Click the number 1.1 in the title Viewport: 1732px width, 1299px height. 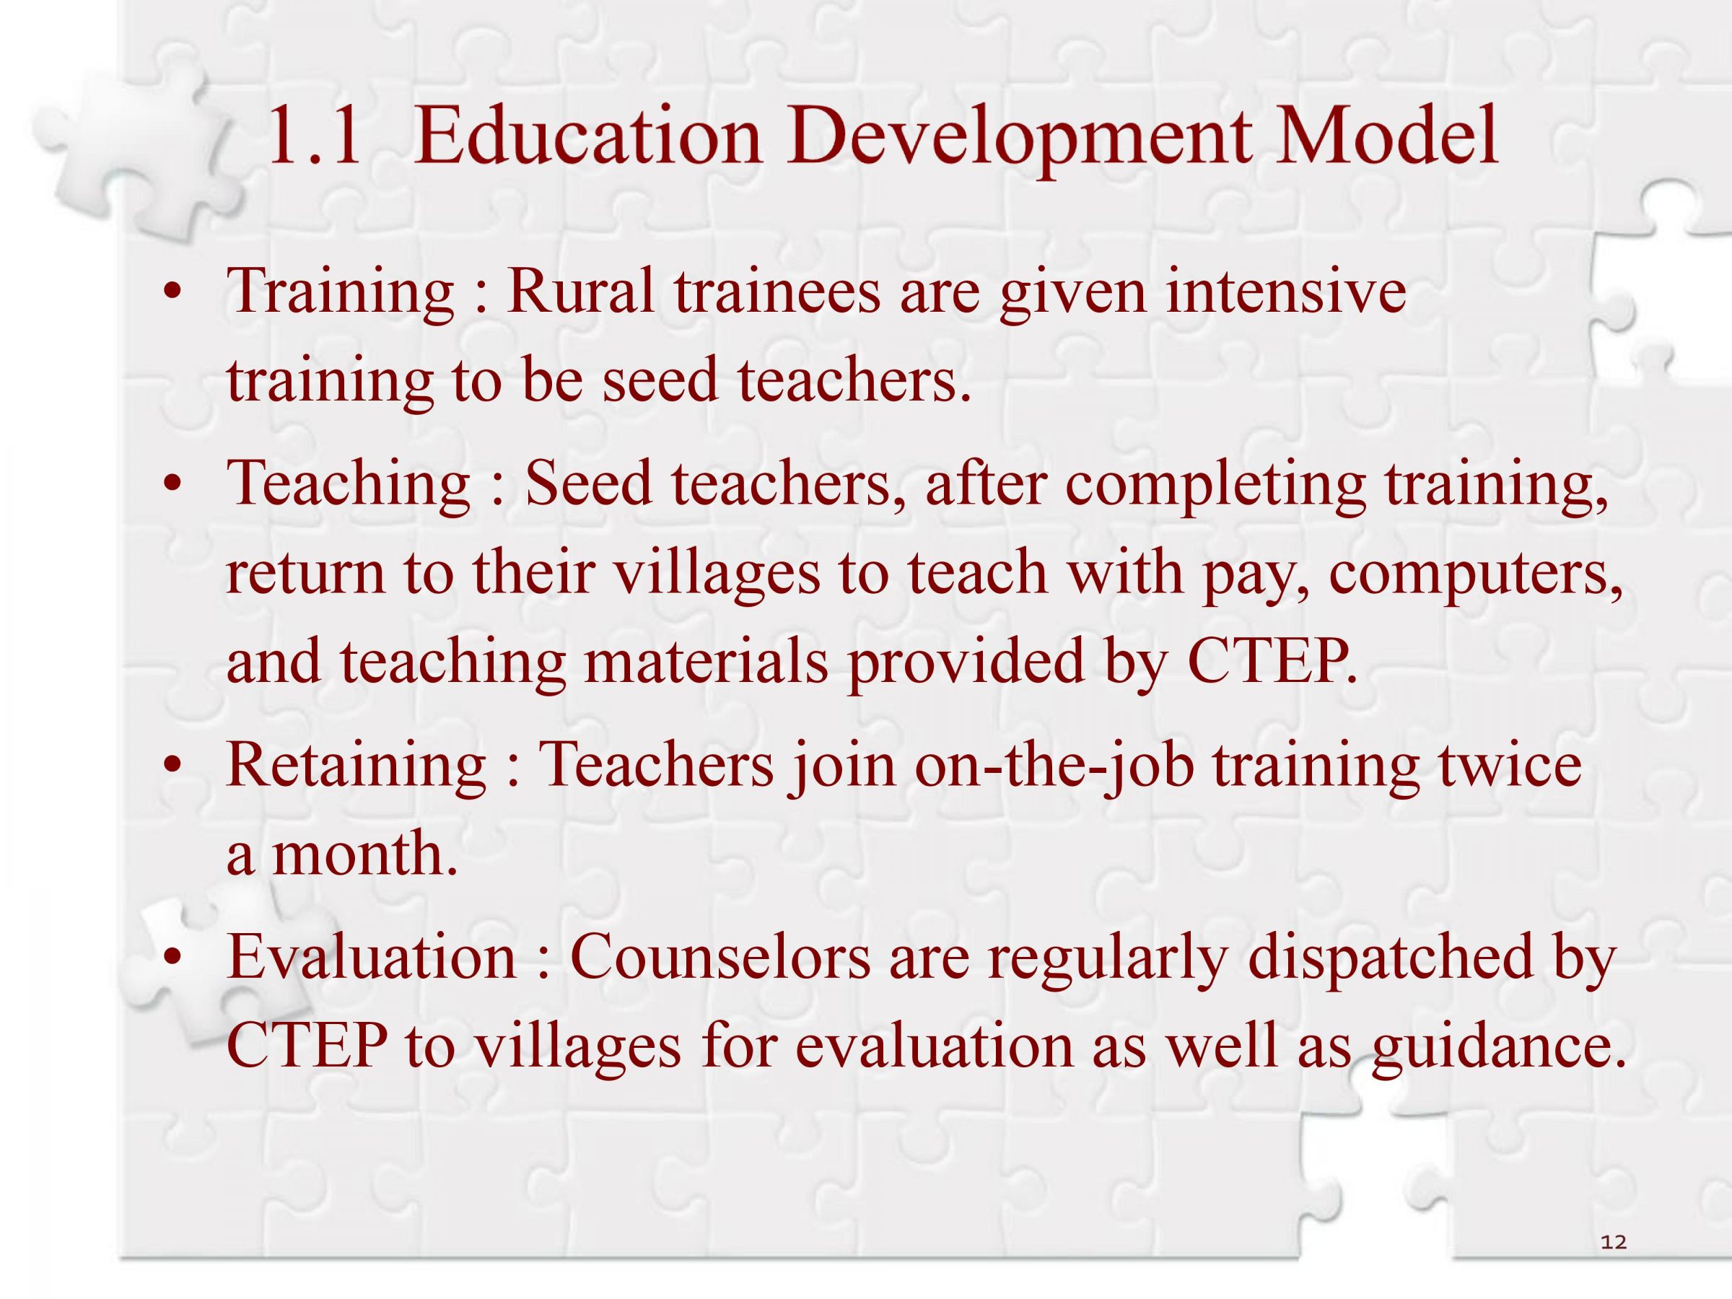(x=314, y=138)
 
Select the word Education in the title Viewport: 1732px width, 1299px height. (x=587, y=138)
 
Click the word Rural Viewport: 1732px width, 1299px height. (x=580, y=291)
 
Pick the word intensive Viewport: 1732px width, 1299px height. (x=1286, y=291)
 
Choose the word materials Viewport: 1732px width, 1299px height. (x=707, y=660)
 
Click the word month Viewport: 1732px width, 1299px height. (x=364, y=854)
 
